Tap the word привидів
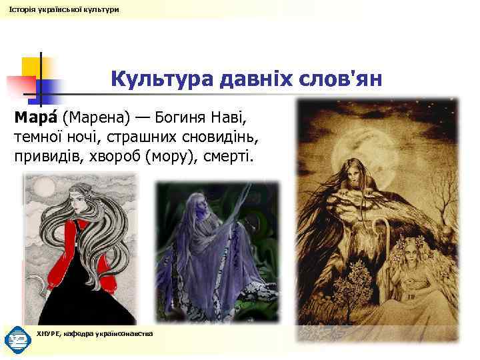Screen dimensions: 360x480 46,157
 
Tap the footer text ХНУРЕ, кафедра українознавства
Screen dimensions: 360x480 95,333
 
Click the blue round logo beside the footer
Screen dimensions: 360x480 17,339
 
